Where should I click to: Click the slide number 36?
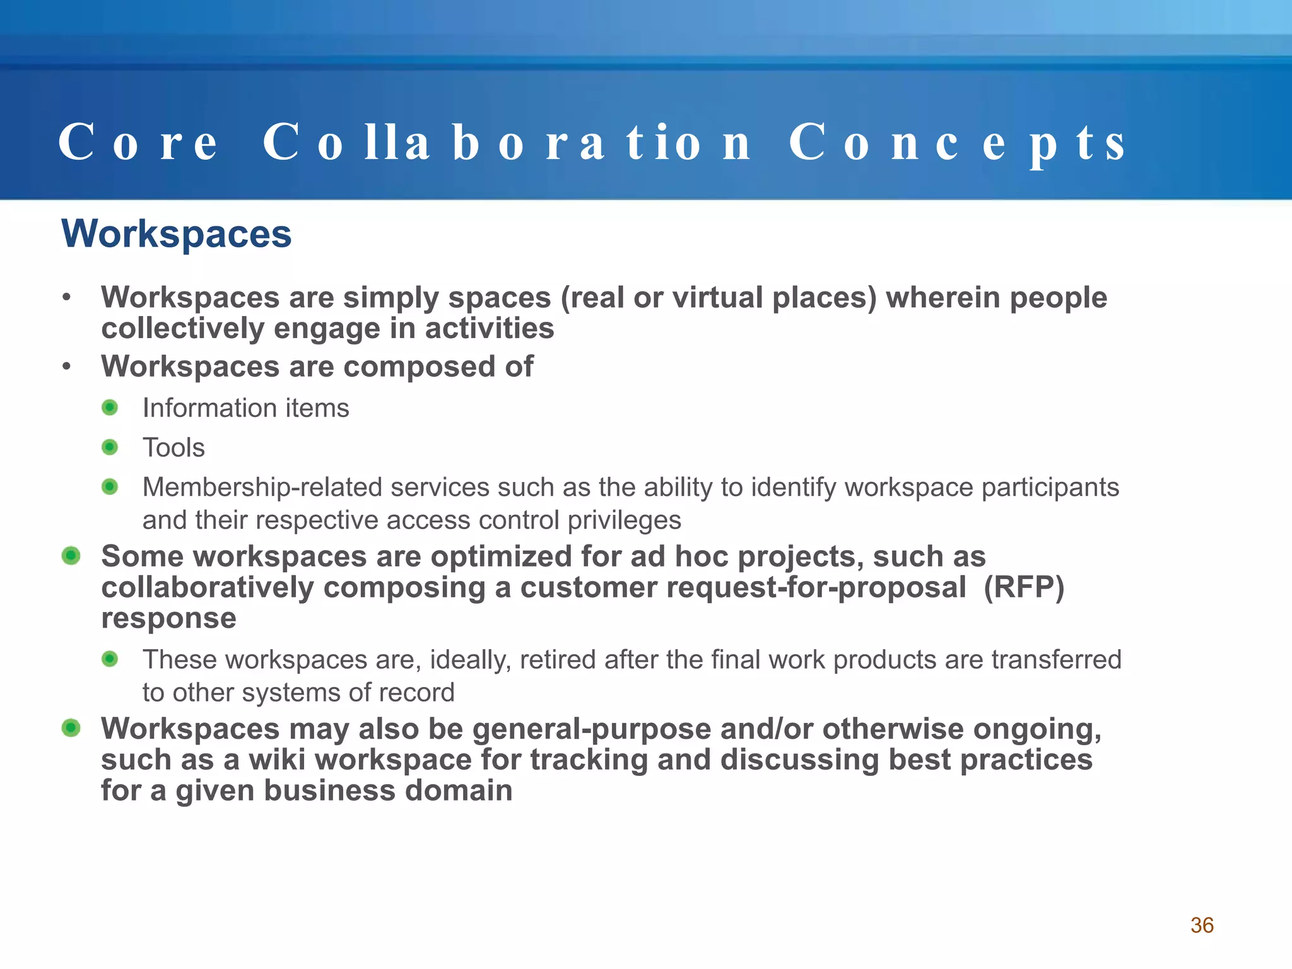coord(1202,925)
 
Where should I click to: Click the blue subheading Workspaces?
coord(177,234)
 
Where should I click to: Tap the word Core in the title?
coord(138,143)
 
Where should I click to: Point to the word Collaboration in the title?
coord(507,143)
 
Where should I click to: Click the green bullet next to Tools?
coord(110,447)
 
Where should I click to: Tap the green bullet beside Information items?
coord(110,408)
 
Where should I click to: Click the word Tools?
coord(173,448)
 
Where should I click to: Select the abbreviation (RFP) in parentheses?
coord(1024,587)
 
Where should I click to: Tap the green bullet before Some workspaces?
coord(71,556)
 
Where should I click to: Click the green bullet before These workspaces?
coord(110,659)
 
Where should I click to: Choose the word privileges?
coord(624,520)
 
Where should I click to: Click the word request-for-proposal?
coord(816,587)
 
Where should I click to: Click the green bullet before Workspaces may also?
coord(71,728)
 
